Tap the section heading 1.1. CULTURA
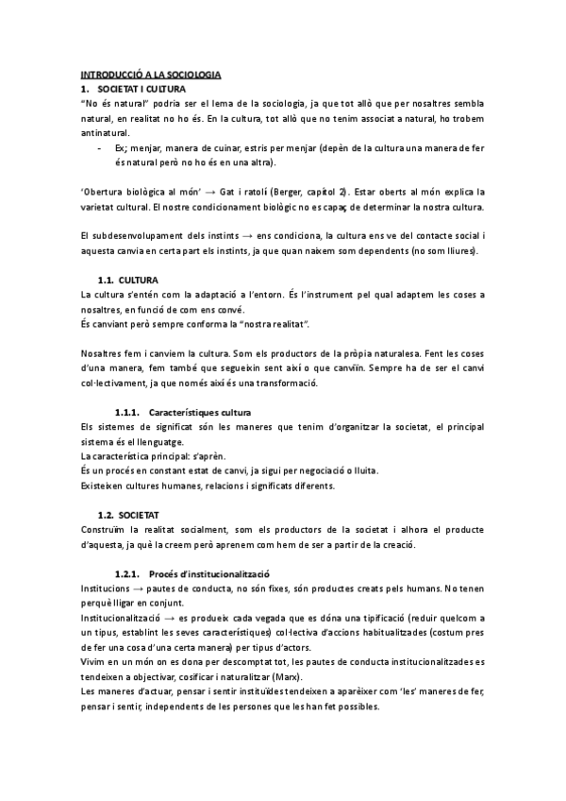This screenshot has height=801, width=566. (x=128, y=281)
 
